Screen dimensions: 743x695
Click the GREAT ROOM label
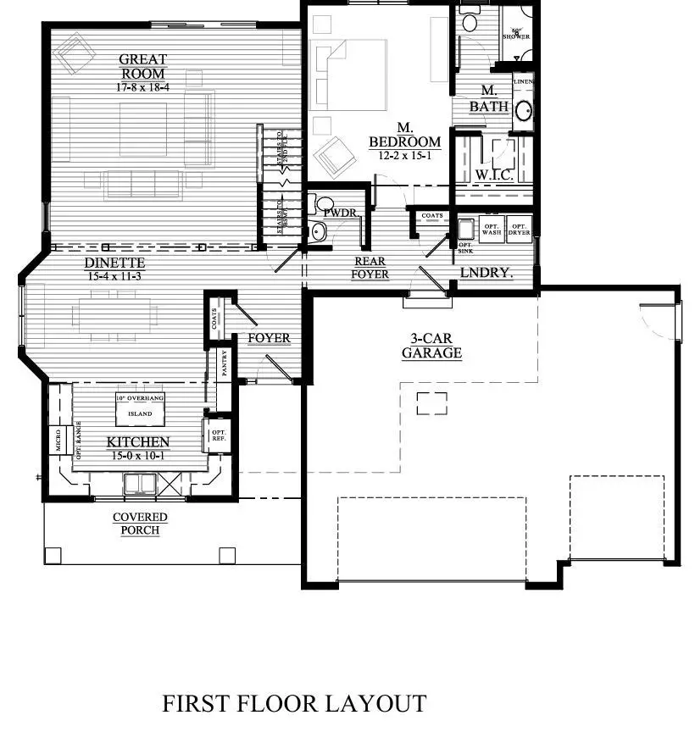click(x=142, y=67)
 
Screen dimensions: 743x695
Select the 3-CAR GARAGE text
click(x=431, y=346)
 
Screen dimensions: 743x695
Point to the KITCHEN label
click(x=137, y=442)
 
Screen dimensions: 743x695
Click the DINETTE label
click(x=114, y=263)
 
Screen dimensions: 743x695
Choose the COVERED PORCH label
click(x=140, y=523)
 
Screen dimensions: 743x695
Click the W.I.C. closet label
click(x=492, y=175)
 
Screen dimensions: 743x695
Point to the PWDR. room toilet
click(x=318, y=230)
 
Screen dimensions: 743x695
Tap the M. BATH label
click(x=489, y=99)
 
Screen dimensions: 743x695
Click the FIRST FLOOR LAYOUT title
click(x=293, y=703)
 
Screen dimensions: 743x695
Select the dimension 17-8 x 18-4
click(x=142, y=87)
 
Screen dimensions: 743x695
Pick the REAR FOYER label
click(x=370, y=268)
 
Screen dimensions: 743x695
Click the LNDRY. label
click(x=486, y=273)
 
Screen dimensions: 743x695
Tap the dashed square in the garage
click(x=431, y=403)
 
